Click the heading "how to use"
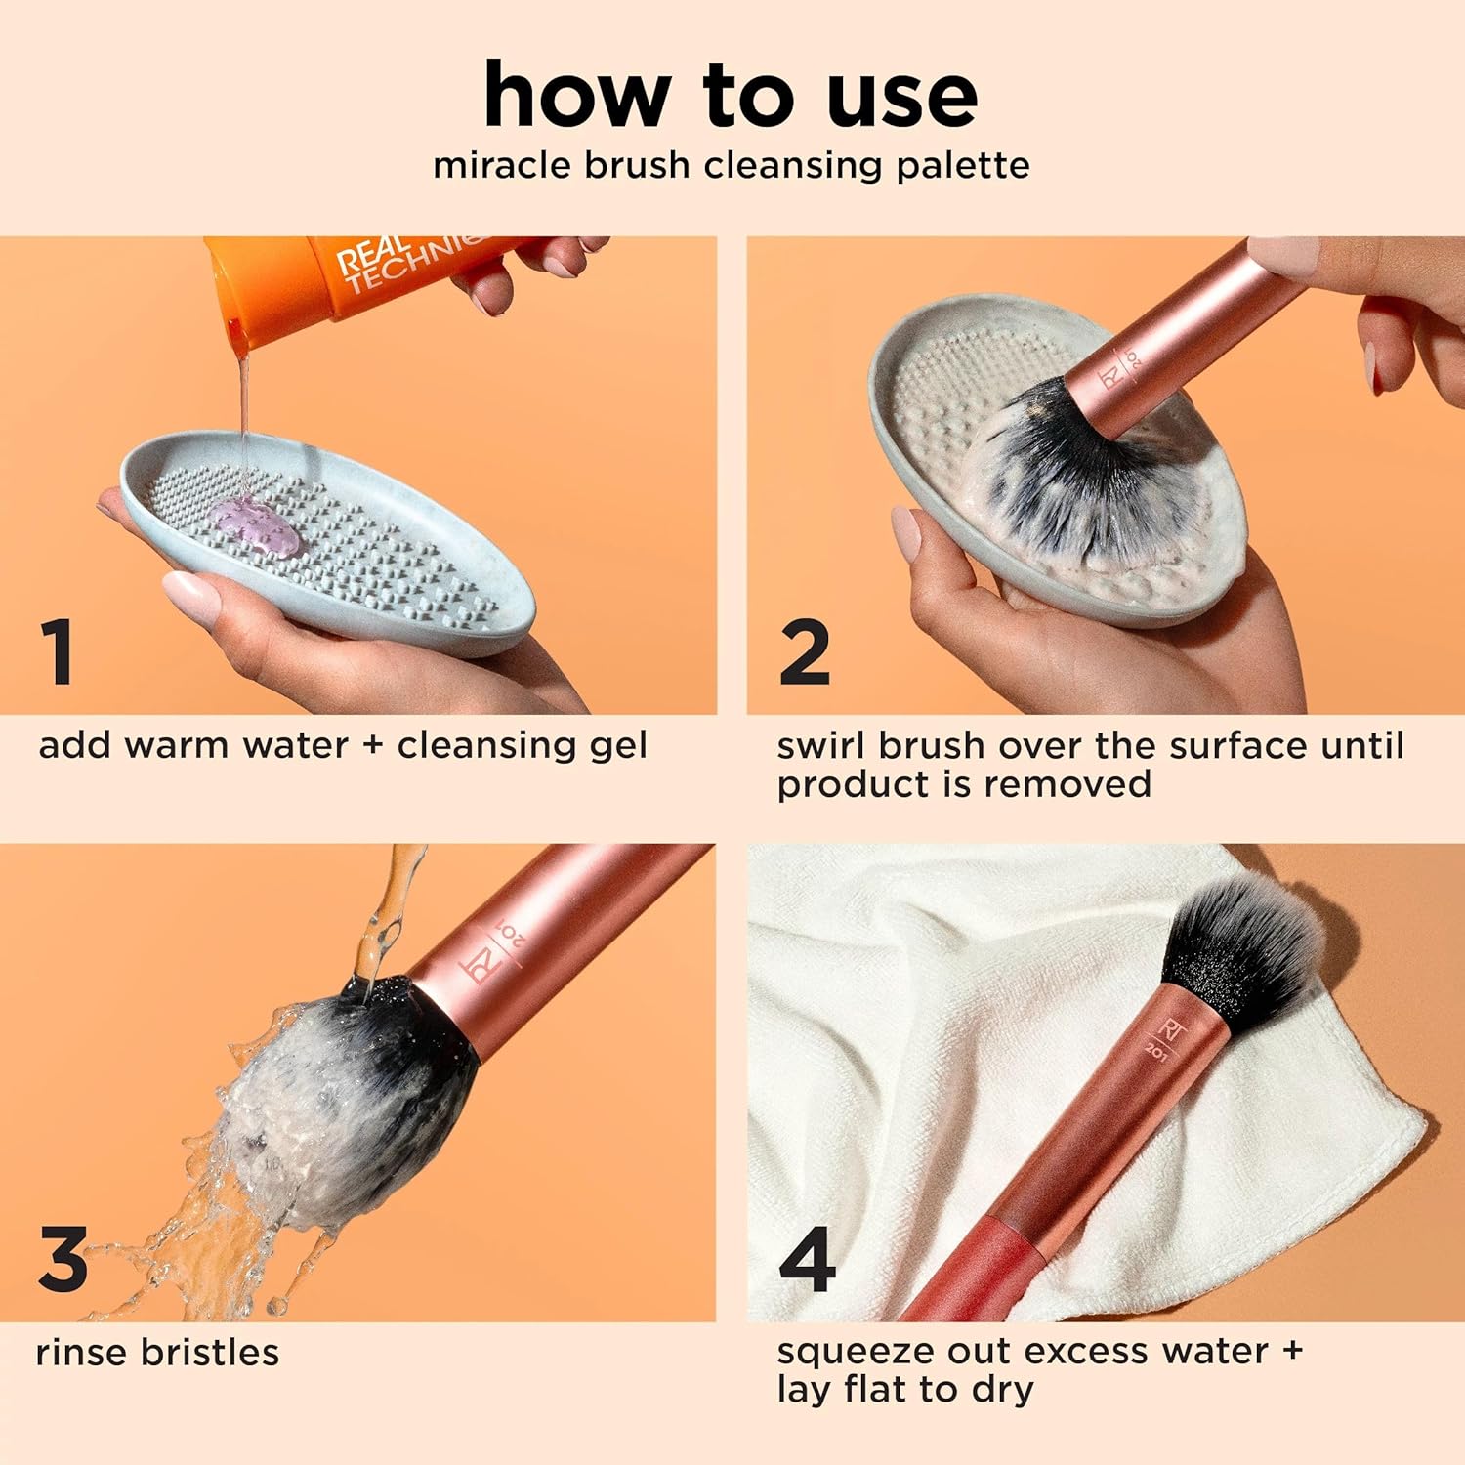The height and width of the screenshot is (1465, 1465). tap(731, 95)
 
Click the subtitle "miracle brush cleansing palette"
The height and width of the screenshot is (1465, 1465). tap(731, 165)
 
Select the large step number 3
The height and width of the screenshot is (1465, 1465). tap(63, 1259)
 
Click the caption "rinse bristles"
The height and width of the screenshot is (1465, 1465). tap(157, 1353)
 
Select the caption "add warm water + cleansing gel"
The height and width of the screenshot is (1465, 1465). tap(343, 745)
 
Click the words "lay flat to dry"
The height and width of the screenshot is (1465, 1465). tap(904, 1390)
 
